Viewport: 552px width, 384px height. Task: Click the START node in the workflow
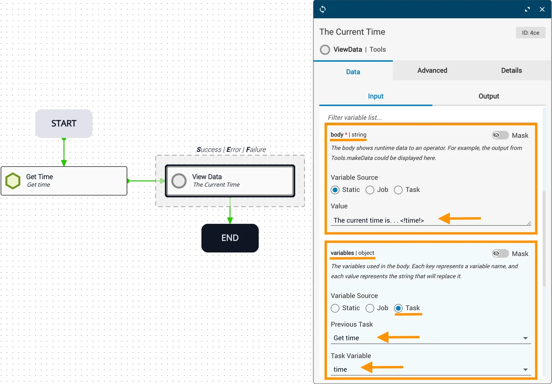pos(64,123)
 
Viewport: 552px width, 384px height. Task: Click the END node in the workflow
pos(230,238)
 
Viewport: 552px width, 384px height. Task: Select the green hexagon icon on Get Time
pos(13,181)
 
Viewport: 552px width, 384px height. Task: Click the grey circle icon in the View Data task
pos(179,181)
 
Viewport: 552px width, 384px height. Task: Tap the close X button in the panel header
pos(542,9)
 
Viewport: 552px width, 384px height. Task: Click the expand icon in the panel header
pos(528,9)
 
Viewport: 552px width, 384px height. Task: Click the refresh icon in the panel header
pos(323,9)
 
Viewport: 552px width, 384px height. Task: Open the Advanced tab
pos(432,70)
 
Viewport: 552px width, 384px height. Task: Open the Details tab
pos(512,70)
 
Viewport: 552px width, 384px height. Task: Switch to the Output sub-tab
pos(489,96)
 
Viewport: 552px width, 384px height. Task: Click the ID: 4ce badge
pos(531,33)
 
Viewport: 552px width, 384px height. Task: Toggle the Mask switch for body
pos(500,135)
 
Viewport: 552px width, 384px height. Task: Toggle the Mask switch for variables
pos(500,254)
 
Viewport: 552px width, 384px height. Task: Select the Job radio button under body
pos(370,190)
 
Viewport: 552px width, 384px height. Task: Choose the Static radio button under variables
pos(335,308)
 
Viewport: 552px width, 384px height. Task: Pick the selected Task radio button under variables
pos(398,308)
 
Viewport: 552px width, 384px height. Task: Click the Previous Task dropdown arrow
pos(525,338)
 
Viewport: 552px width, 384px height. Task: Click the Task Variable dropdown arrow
pos(525,370)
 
